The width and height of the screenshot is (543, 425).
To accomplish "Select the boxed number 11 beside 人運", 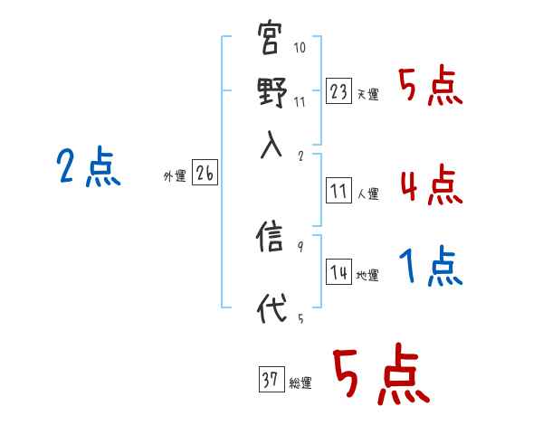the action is (x=339, y=191).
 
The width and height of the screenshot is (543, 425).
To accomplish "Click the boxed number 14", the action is (x=339, y=273).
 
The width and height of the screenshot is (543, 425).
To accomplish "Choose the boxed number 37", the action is (x=271, y=380).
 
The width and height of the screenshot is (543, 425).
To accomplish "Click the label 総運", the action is (x=300, y=383).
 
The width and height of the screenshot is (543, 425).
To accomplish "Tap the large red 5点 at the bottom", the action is (x=380, y=377).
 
